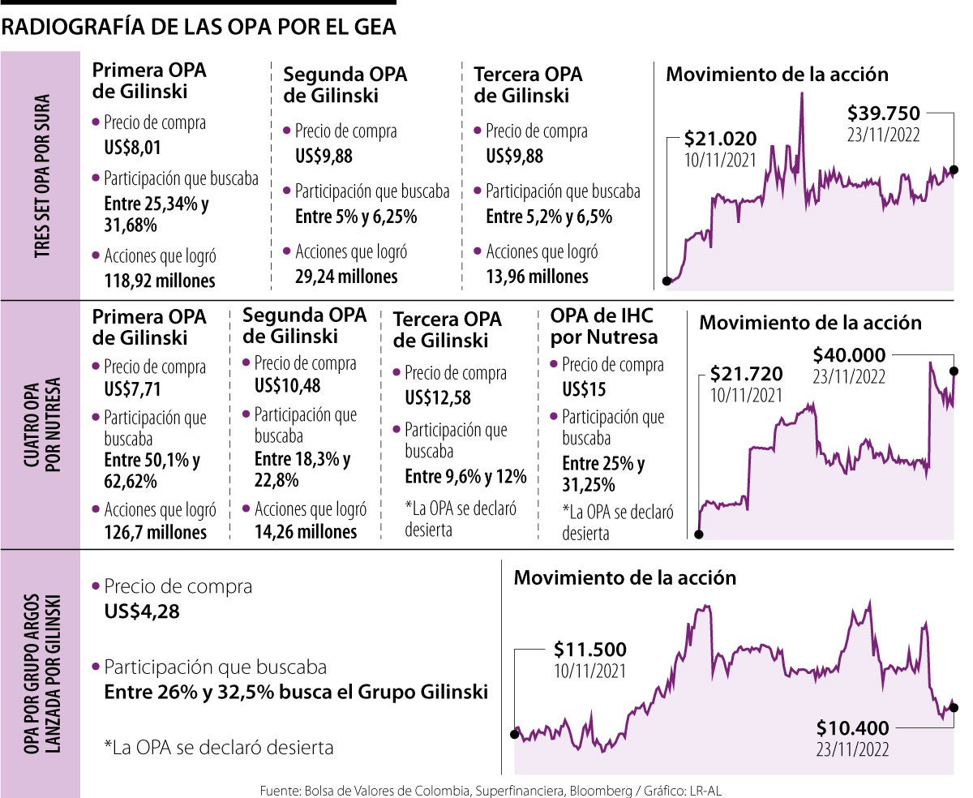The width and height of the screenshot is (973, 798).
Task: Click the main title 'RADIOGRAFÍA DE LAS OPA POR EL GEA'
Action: pyautogui.click(x=199, y=28)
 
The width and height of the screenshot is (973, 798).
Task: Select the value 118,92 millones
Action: pyautogui.click(x=160, y=281)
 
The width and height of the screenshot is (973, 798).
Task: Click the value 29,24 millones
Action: pyautogui.click(x=346, y=277)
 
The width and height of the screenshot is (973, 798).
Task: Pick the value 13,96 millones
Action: pyautogui.click(x=537, y=277)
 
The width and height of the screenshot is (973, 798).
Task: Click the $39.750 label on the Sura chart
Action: pyautogui.click(x=884, y=113)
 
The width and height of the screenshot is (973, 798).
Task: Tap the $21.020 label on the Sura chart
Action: pyautogui.click(x=718, y=138)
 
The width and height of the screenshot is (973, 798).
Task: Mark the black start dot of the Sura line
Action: pyautogui.click(x=667, y=281)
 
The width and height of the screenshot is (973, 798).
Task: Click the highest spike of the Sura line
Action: pyautogui.click(x=802, y=95)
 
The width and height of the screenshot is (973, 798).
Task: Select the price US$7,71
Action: pyautogui.click(x=133, y=390)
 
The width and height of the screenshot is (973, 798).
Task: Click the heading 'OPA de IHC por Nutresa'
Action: pyautogui.click(x=603, y=325)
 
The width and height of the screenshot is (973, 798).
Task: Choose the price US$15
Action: pyautogui.click(x=583, y=390)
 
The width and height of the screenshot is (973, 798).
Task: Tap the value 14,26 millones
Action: pyautogui.click(x=306, y=532)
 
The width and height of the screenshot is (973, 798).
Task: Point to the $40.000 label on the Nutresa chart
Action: pyautogui.click(x=849, y=354)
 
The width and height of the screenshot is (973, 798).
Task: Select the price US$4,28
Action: pyautogui.click(x=142, y=610)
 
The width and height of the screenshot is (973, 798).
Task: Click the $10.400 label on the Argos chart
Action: pyautogui.click(x=852, y=727)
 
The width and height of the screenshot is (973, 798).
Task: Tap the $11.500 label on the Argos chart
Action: pyautogui.click(x=589, y=650)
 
